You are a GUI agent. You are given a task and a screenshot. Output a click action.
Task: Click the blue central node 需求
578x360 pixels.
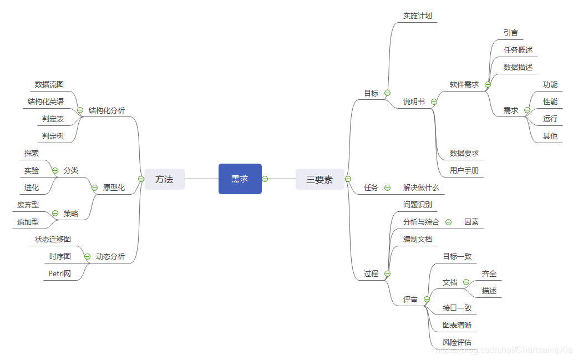240,179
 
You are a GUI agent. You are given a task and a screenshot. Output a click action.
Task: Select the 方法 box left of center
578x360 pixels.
164,179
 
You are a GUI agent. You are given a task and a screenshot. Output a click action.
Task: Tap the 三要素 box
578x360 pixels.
320,179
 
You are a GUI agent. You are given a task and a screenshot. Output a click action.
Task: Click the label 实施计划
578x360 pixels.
417,16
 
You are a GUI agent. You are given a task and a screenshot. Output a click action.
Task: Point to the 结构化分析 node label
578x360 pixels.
107,110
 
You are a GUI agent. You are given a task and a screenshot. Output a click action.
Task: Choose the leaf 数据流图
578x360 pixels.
49,84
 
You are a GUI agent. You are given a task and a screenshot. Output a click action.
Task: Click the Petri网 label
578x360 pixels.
60,273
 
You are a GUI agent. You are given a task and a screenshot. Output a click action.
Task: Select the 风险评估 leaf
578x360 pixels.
457,342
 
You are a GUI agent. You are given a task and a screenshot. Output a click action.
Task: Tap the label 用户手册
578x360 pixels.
464,170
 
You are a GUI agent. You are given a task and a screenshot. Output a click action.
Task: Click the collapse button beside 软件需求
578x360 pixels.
488,85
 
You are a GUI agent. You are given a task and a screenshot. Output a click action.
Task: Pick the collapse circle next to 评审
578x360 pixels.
427,300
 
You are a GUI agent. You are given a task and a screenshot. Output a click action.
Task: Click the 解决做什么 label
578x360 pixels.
421,187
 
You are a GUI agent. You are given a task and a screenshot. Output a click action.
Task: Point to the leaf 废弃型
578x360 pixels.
28,205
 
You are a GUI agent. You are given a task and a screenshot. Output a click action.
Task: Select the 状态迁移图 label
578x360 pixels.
53,239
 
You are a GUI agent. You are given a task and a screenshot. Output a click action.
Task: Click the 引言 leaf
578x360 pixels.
511,33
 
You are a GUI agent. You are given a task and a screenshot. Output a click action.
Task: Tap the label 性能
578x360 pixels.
550,102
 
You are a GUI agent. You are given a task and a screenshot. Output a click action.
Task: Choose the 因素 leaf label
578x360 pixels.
471,222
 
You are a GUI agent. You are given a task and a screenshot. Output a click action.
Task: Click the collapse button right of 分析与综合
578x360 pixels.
448,222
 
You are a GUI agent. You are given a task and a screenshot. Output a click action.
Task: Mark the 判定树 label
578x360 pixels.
53,136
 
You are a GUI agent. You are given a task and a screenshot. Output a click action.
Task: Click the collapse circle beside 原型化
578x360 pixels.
94,187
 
